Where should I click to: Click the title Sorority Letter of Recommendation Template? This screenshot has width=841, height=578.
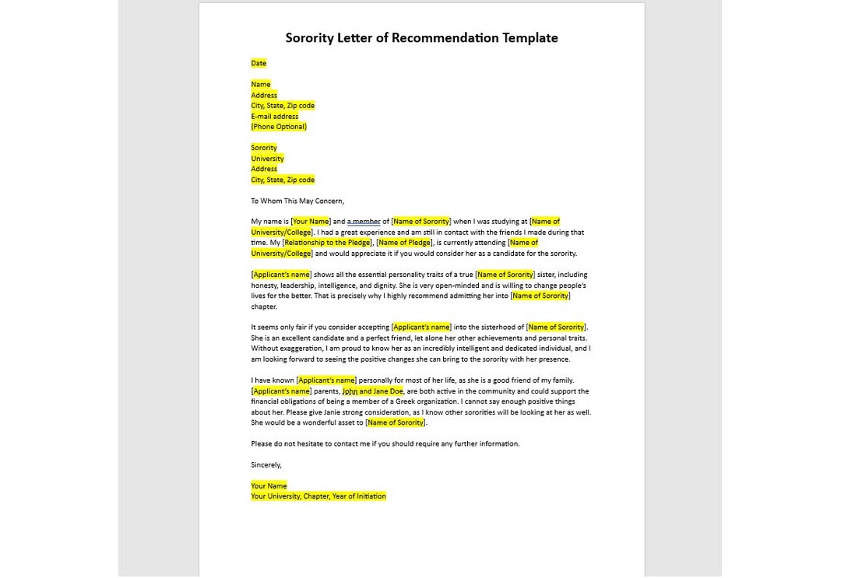421,38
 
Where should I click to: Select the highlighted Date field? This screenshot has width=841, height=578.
259,63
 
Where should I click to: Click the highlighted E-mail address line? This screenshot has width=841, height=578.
274,116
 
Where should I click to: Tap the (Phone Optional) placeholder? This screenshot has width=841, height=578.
278,127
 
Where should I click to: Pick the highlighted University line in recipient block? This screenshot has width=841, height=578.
267,159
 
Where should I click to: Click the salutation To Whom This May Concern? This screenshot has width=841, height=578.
297,201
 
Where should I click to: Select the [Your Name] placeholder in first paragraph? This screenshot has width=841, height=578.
310,222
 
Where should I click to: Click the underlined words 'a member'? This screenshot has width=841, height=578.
364,222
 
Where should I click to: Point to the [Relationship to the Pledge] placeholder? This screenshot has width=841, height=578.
327,243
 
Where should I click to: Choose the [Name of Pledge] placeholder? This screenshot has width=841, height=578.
403,243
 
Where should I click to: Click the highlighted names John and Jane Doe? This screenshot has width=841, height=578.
373,391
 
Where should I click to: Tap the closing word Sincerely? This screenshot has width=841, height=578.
266,465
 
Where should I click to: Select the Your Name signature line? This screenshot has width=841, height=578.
269,486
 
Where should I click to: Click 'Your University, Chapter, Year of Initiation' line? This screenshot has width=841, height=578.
318,496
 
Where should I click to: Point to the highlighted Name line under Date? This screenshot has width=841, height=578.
260,84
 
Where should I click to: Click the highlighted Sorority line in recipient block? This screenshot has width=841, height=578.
263,148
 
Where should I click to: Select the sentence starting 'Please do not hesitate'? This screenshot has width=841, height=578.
385,444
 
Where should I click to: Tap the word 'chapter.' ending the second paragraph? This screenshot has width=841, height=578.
263,307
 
